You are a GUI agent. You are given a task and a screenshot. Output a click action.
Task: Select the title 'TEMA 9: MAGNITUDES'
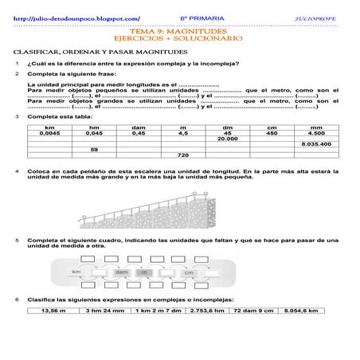point(180,31)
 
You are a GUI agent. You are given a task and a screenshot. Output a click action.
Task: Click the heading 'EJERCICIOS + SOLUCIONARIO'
point(180,39)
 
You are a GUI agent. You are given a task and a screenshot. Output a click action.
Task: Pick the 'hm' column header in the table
point(95,127)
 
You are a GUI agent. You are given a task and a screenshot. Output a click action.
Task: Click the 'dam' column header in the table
point(139,127)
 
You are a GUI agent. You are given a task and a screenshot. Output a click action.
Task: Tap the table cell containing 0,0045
point(49,134)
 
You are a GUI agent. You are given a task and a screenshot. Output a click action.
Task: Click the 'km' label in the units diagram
point(77,272)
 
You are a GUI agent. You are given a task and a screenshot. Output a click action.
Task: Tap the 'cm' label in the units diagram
point(189,272)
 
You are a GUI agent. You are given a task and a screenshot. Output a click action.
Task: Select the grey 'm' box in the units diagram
point(144,272)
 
